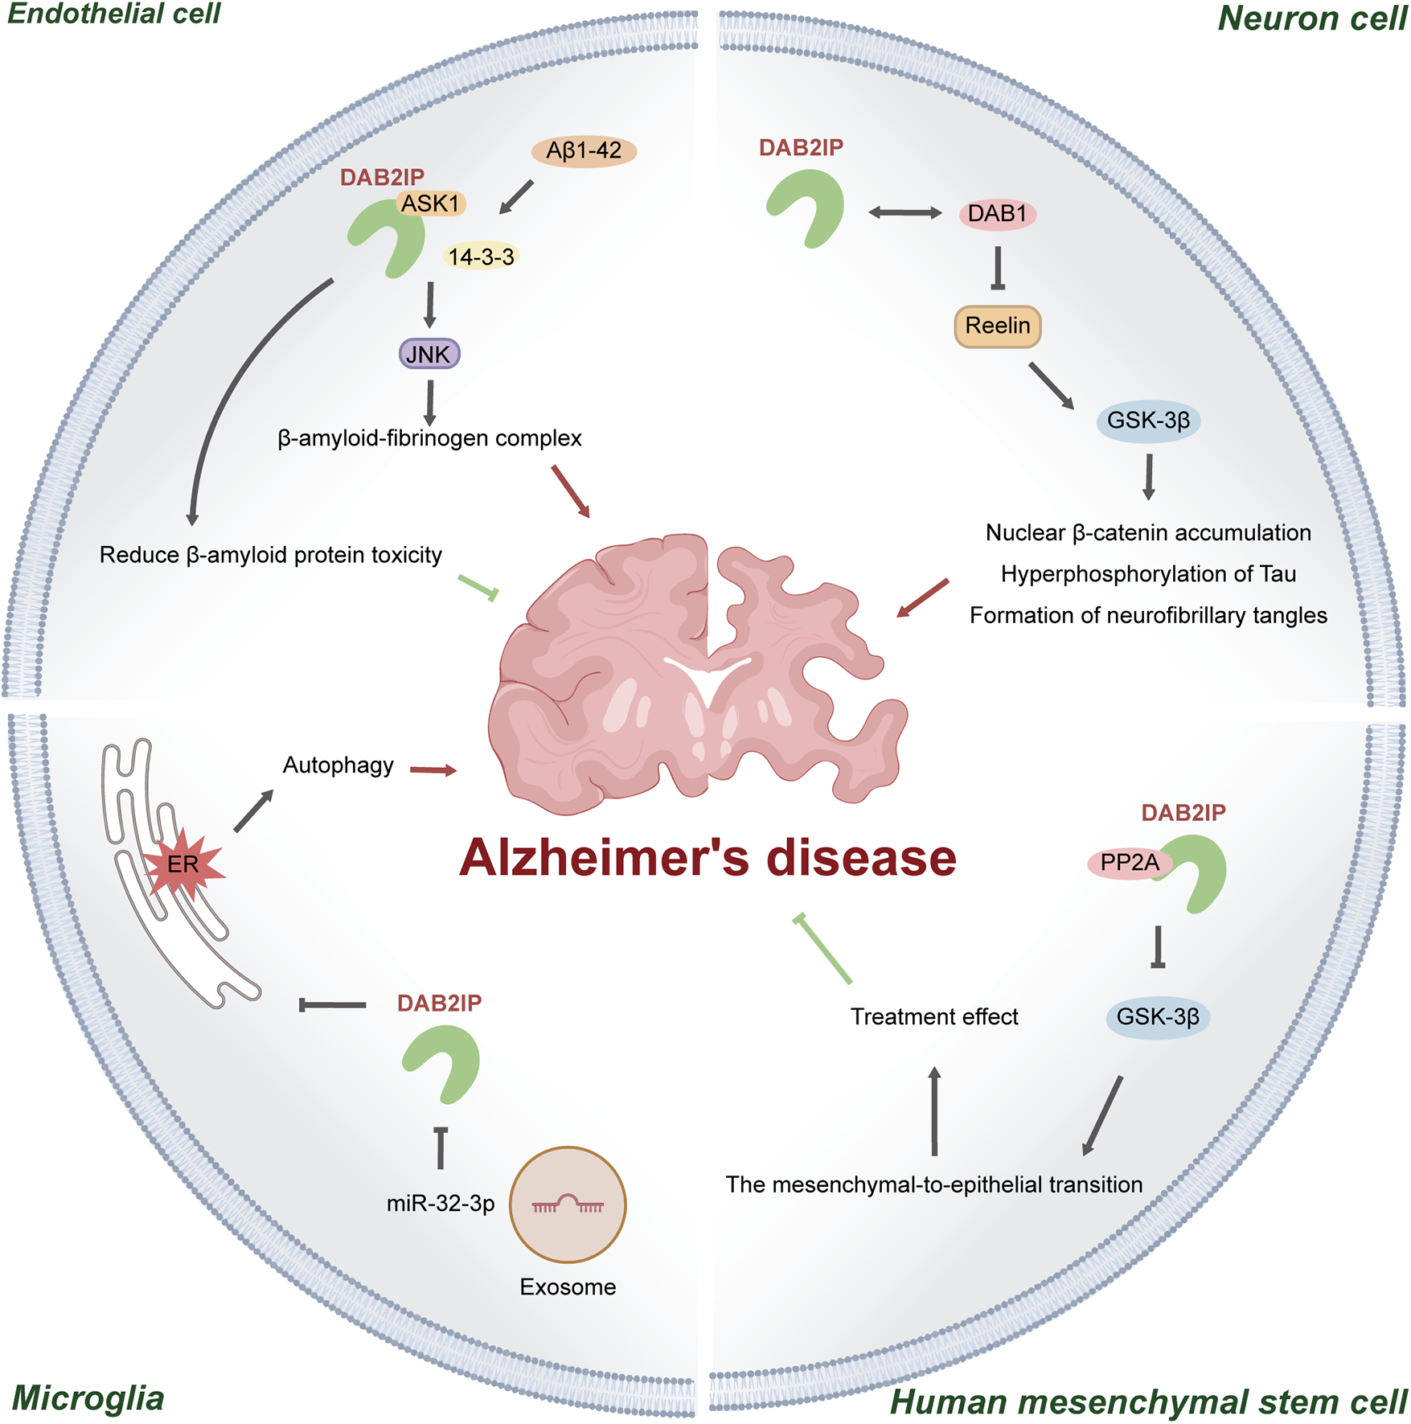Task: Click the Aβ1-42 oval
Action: click(x=584, y=150)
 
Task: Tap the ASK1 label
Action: click(x=431, y=203)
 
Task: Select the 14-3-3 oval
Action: click(x=481, y=256)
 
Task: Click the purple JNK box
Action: click(x=429, y=354)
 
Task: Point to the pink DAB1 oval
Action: click(x=997, y=214)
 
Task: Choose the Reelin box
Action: click(x=997, y=326)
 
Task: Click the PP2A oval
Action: click(x=1129, y=863)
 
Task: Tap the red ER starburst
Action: click(x=183, y=865)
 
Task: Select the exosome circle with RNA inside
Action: click(x=568, y=1204)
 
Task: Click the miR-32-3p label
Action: click(x=441, y=1204)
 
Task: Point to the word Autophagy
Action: click(x=338, y=765)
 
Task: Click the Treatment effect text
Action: click(x=934, y=1017)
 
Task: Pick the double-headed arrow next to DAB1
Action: click(x=905, y=212)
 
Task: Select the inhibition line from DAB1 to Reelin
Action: click(x=997, y=268)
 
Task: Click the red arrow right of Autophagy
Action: click(x=433, y=770)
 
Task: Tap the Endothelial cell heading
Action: click(x=114, y=14)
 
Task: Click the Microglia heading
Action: click(x=88, y=1398)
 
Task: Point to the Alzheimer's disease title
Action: click(x=708, y=858)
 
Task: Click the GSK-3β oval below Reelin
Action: click(x=1148, y=421)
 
